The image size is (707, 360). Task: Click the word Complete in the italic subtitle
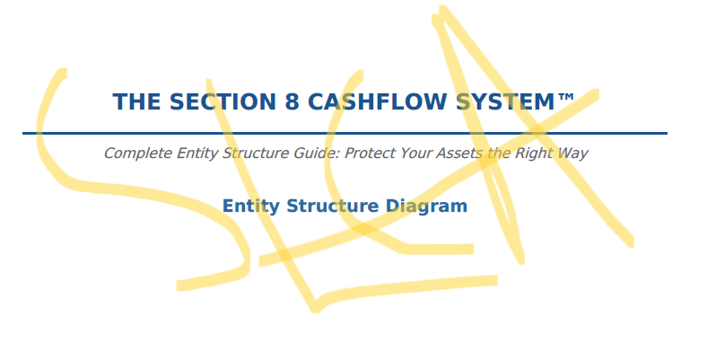point(135,153)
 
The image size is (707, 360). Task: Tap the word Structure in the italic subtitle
point(253,153)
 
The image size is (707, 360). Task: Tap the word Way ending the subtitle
point(574,153)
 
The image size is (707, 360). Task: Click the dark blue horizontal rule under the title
point(345,133)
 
